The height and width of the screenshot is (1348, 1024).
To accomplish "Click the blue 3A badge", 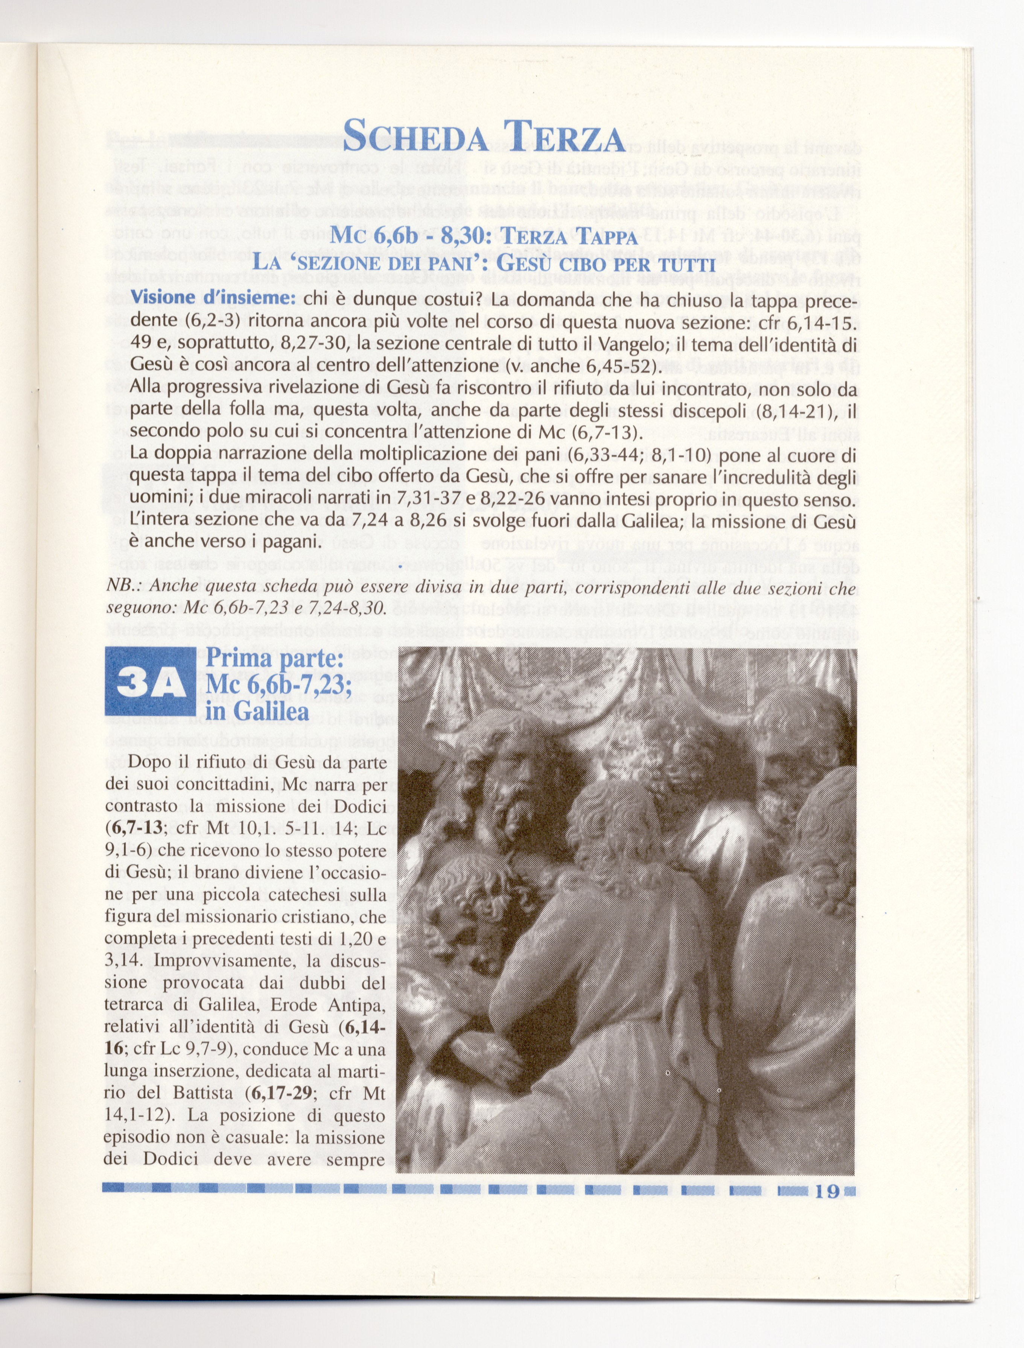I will pyautogui.click(x=150, y=686).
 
